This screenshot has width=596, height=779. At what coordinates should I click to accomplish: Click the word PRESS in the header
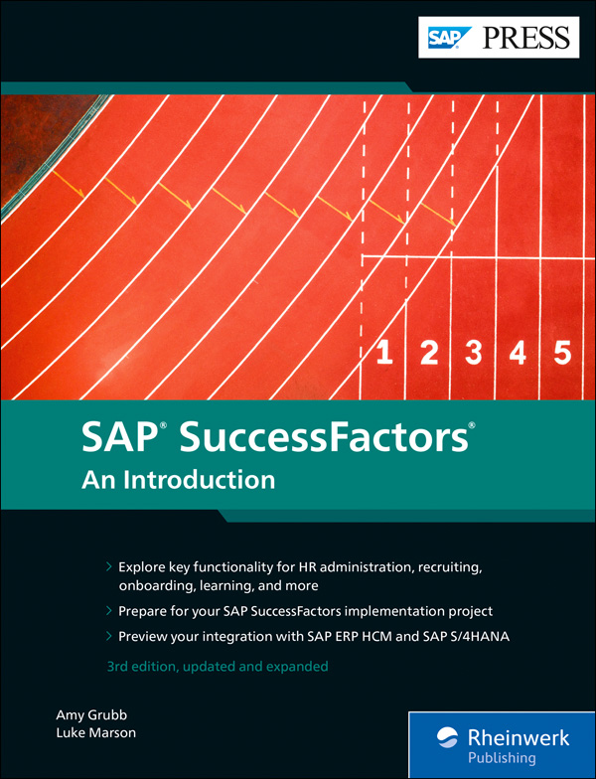pyautogui.click(x=526, y=38)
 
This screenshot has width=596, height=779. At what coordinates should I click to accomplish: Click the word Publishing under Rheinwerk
pyautogui.click(x=504, y=758)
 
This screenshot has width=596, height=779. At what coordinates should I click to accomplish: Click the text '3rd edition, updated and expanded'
pyautogui.click(x=217, y=666)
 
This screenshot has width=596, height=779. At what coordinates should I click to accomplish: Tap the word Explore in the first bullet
pyautogui.click(x=142, y=567)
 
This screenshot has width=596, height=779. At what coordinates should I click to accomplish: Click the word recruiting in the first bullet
pyautogui.click(x=446, y=567)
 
